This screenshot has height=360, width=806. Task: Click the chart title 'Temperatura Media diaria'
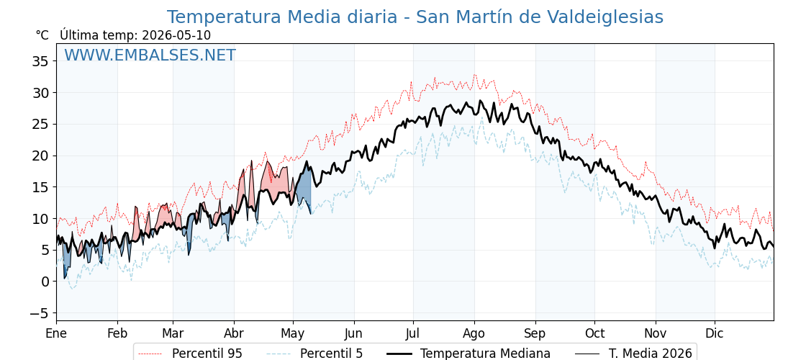tap(281, 17)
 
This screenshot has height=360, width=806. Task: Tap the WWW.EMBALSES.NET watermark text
tap(150, 55)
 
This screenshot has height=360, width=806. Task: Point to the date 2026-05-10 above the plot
tap(176, 35)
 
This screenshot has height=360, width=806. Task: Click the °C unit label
tap(42, 35)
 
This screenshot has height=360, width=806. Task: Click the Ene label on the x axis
tap(56, 333)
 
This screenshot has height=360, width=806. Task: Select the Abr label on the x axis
tap(234, 333)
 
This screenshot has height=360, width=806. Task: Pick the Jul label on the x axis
tap(413, 333)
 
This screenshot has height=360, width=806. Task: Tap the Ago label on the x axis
tap(474, 334)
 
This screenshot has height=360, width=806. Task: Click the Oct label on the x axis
tap(594, 333)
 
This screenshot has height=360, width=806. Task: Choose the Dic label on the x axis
tap(715, 333)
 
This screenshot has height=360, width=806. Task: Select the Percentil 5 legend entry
tap(314, 354)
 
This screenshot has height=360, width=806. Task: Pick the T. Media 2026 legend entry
tap(633, 354)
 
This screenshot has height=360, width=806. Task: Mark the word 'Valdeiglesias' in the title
tap(602, 17)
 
